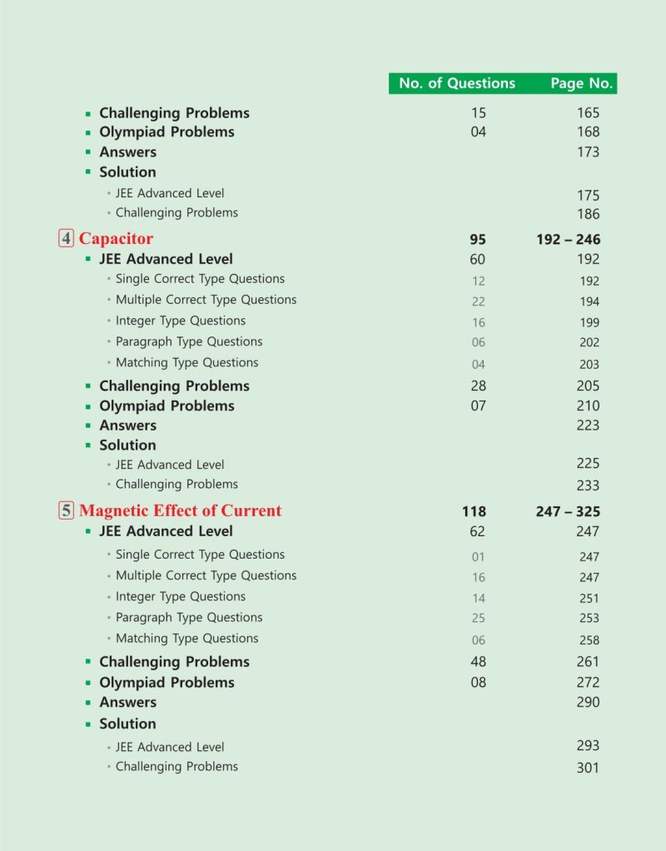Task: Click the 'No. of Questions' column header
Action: [x=457, y=83]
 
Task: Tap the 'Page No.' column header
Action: [x=581, y=83]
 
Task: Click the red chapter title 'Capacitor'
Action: [x=116, y=239]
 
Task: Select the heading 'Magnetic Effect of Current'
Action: [x=180, y=511]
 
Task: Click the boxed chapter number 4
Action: [x=67, y=239]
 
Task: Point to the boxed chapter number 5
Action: [x=67, y=511]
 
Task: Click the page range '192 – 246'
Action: [x=569, y=240]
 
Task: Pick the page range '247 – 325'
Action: [x=568, y=512]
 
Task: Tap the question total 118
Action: [x=474, y=512]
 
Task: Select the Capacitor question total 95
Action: [x=478, y=240]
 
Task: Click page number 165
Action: [x=588, y=112]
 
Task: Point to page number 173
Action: [x=588, y=152]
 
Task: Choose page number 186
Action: [x=588, y=214]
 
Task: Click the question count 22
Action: [x=478, y=301]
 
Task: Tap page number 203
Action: [x=589, y=364]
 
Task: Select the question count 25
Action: [x=478, y=619]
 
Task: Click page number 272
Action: [x=588, y=682]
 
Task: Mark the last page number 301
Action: [x=588, y=768]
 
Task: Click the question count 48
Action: [x=478, y=662]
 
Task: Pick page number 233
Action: [x=588, y=485]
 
